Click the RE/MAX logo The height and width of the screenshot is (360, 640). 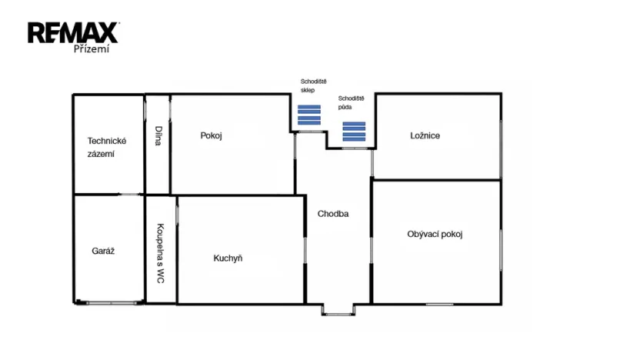[x=73, y=32]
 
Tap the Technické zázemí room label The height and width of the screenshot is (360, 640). [x=106, y=147]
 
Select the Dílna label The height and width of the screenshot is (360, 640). [x=158, y=135]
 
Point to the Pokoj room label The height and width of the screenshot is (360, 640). [x=211, y=135]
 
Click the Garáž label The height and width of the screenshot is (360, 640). [x=103, y=251]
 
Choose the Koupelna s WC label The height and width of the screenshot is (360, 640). [x=160, y=253]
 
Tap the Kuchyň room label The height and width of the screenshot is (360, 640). [x=228, y=258]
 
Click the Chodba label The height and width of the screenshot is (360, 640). [x=333, y=214]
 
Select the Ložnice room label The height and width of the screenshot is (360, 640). [x=425, y=135]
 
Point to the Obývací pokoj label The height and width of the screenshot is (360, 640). [x=435, y=234]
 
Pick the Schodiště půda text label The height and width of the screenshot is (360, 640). [x=351, y=102]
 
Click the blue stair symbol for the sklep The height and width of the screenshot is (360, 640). [x=309, y=115]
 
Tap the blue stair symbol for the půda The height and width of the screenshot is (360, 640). [x=354, y=132]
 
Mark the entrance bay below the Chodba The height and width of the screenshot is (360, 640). [x=337, y=309]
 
